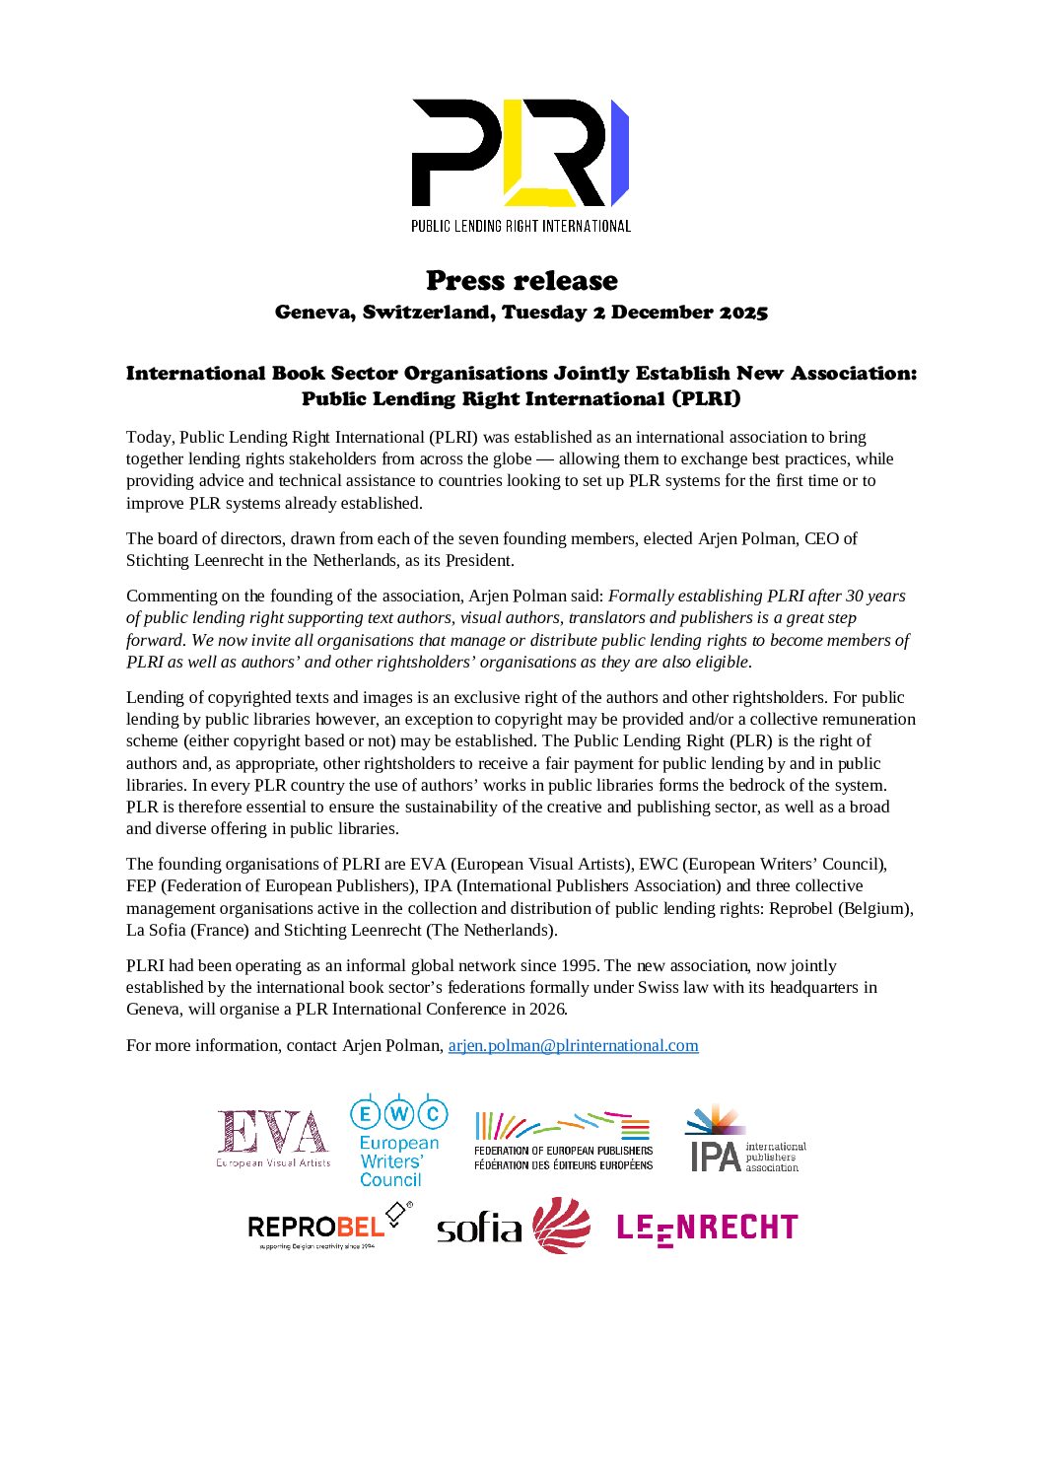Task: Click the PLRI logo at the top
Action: (521, 153)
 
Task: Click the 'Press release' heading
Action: (521, 281)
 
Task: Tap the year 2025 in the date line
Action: (742, 313)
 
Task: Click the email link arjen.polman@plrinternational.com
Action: (573, 1045)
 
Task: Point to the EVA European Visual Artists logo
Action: (273, 1139)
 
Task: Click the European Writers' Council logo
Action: (398, 1141)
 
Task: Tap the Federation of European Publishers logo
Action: (563, 1142)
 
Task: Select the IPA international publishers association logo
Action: (745, 1141)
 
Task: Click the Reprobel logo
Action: (328, 1226)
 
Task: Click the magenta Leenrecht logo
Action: (706, 1229)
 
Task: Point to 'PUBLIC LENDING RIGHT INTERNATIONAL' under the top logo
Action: (521, 226)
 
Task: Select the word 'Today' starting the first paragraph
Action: (148, 437)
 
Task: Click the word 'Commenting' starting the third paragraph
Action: (168, 596)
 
